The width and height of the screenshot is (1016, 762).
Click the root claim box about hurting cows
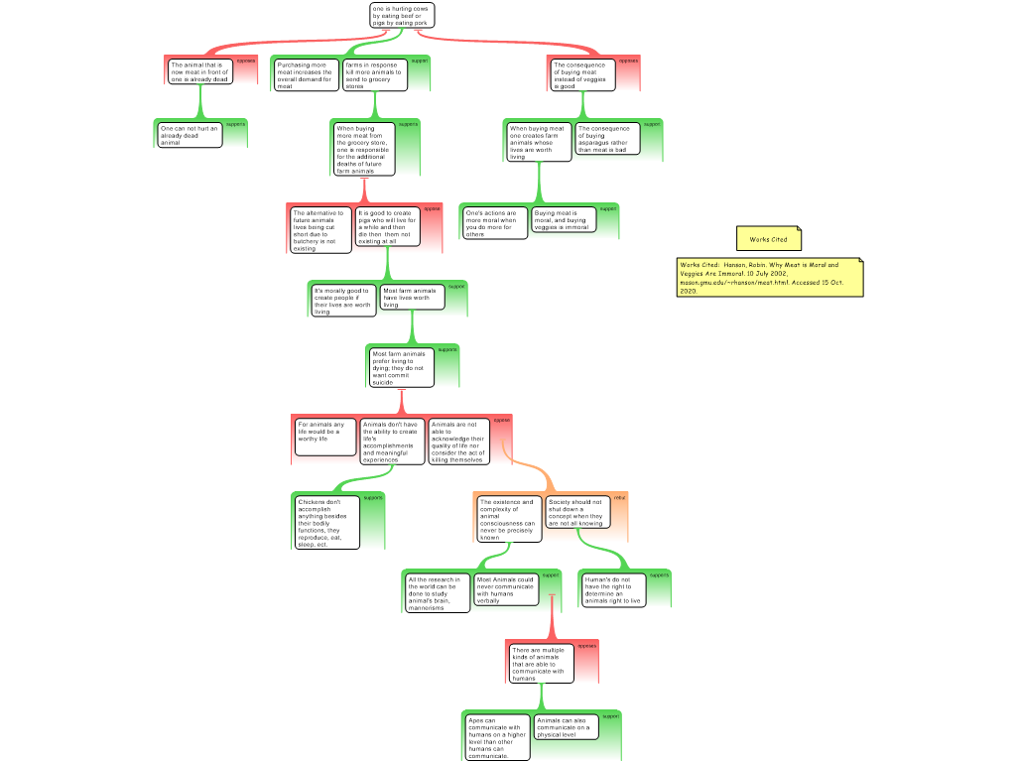tap(402, 15)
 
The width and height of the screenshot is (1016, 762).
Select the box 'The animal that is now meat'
tap(199, 71)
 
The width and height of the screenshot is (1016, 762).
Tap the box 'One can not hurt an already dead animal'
tap(189, 135)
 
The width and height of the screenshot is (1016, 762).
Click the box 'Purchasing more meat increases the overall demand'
tap(306, 75)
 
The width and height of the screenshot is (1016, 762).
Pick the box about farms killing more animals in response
tap(374, 75)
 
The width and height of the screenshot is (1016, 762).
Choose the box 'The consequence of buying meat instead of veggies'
tap(582, 75)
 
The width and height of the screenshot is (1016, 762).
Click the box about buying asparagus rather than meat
tap(605, 139)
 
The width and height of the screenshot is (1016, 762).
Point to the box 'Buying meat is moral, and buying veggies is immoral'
tap(564, 219)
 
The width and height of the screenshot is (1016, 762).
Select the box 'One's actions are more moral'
tap(494, 222)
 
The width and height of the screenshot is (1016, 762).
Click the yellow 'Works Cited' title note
tap(769, 239)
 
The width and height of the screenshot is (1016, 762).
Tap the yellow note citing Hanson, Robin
tap(769, 278)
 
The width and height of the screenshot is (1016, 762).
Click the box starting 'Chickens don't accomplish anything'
tap(325, 522)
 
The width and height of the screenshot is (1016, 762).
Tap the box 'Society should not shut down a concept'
tap(576, 512)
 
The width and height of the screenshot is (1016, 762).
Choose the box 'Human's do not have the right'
tap(613, 589)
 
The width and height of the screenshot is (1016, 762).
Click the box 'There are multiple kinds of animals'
tap(541, 664)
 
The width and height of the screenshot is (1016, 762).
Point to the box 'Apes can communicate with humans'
tap(497, 737)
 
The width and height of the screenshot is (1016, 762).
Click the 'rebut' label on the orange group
tap(620, 497)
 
